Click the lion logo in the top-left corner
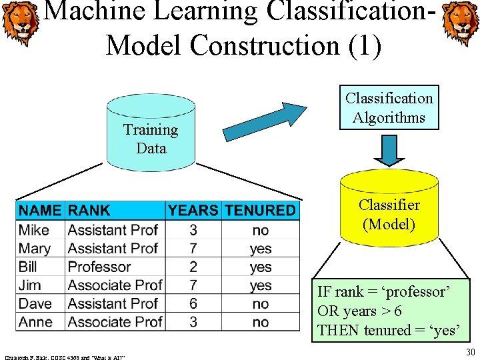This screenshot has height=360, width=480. [19, 24]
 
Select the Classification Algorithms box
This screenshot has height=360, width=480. [389, 108]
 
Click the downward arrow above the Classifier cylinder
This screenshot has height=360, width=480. [389, 148]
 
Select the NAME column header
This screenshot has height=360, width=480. [40, 211]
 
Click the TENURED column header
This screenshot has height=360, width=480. [260, 211]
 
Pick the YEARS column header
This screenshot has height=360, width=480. [193, 211]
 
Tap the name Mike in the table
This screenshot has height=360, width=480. [34, 230]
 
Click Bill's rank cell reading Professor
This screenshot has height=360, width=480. [99, 267]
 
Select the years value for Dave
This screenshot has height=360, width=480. [193, 303]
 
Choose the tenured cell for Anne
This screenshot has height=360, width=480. [261, 322]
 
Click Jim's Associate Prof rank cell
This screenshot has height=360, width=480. [115, 285]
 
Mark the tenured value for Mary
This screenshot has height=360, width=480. [261, 249]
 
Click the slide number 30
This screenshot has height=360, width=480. [470, 351]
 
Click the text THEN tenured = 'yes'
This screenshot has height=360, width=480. [388, 330]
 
